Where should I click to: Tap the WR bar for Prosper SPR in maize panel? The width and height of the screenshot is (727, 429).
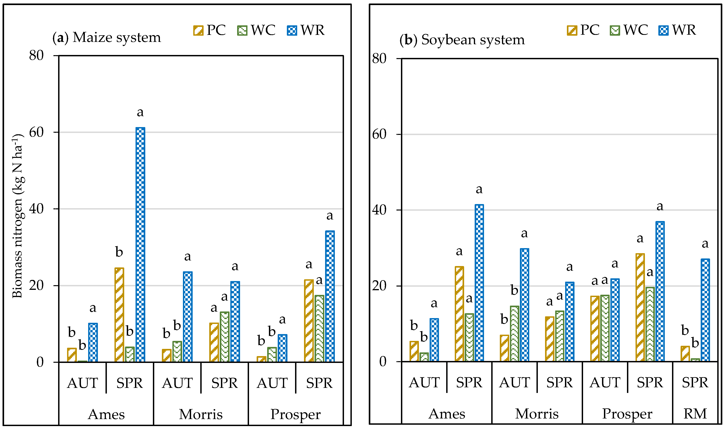tap(330, 296)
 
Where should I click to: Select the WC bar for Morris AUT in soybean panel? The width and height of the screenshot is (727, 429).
tap(514, 334)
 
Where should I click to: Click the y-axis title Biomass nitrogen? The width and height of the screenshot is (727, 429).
tap(17, 215)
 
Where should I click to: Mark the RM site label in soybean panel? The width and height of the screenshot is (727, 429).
tap(695, 414)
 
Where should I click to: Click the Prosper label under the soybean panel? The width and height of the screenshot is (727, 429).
tap(627, 414)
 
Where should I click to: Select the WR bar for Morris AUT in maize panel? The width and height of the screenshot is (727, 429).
tap(188, 317)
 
